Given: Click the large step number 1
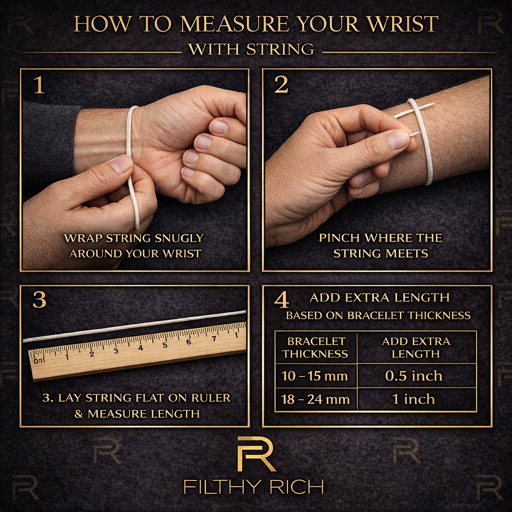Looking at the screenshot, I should pyautogui.click(x=38, y=85).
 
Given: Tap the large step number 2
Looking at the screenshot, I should pyautogui.click(x=281, y=85).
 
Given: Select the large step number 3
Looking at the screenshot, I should pyautogui.click(x=39, y=299).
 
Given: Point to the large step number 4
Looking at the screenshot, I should pyautogui.click(x=281, y=300).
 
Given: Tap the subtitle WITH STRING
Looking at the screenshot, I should pyautogui.click(x=251, y=49).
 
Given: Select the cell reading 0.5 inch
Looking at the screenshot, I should pyautogui.click(x=413, y=375).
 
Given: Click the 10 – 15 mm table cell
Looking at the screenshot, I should pyautogui.click(x=314, y=376).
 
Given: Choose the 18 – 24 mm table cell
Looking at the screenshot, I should pyautogui.click(x=315, y=399).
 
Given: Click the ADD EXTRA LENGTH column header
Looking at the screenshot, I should pyautogui.click(x=416, y=347).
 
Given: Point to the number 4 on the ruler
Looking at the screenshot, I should pyautogui.click(x=140, y=348).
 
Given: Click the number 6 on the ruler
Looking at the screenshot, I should pyautogui.click(x=188, y=341).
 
